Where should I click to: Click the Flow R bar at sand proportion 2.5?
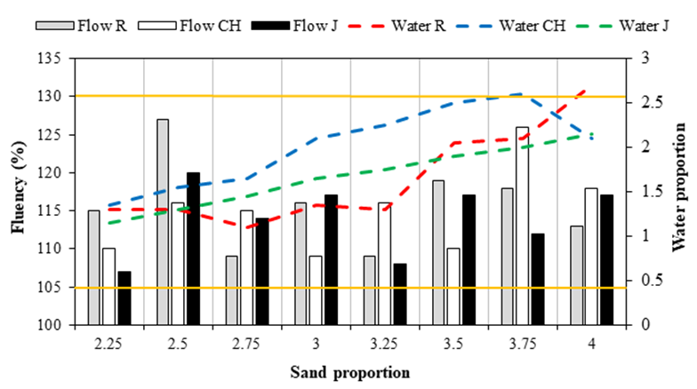pos(163,222)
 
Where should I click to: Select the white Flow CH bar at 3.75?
pos(522,226)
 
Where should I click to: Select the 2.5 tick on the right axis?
pos(637,103)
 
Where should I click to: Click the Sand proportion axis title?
pos(350,370)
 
